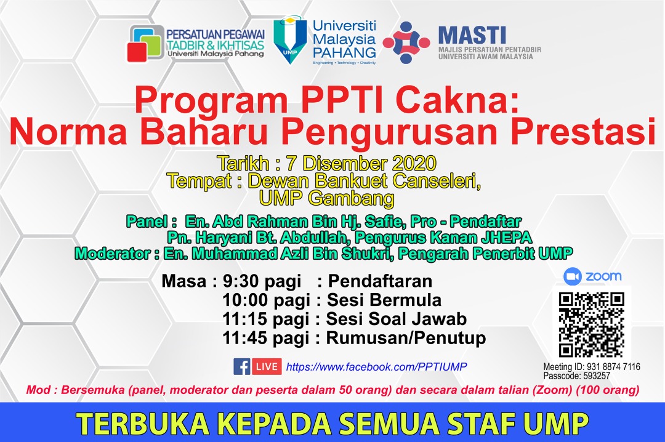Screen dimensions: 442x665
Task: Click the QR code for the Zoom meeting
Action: click(591, 324)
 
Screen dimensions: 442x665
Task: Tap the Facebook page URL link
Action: click(377, 367)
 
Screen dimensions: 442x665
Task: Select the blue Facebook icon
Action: click(242, 367)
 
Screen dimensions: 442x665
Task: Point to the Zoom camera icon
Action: click(573, 276)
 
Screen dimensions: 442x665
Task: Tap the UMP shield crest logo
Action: click(290, 39)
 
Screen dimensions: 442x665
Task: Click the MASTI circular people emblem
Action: click(406, 42)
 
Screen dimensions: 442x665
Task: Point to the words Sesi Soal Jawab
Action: click(396, 319)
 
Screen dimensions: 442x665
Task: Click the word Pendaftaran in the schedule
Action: click(380, 282)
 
